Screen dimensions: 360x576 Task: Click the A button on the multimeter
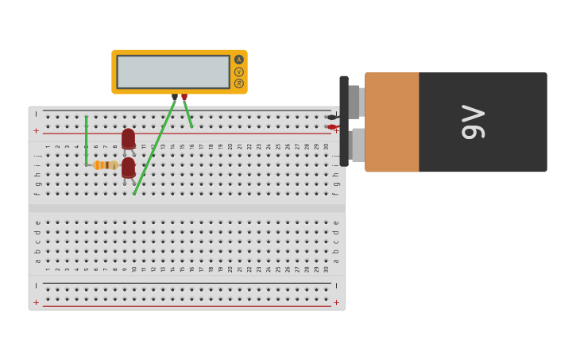pos(238,60)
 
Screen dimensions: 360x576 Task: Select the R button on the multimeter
pos(238,83)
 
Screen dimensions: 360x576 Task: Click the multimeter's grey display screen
pos(173,72)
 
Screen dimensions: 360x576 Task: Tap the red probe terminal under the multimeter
pos(184,97)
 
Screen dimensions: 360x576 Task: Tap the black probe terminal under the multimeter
pos(175,97)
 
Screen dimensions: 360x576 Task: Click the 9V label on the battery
pos(474,122)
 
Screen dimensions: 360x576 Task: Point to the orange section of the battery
pos(392,122)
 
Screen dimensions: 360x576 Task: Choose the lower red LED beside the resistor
pos(128,168)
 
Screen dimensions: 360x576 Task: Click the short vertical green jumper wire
pos(86,141)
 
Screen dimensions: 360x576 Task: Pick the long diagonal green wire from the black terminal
pos(153,147)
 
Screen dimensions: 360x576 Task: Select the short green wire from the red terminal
pos(188,114)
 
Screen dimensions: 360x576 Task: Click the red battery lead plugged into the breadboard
pos(332,127)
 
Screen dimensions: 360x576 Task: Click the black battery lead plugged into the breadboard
pos(332,118)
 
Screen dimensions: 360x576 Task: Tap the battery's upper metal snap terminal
pos(355,102)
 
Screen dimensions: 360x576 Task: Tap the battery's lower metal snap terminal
pos(358,145)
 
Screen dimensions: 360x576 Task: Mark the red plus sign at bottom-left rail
pos(36,302)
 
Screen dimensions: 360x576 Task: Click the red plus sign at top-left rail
pos(36,130)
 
